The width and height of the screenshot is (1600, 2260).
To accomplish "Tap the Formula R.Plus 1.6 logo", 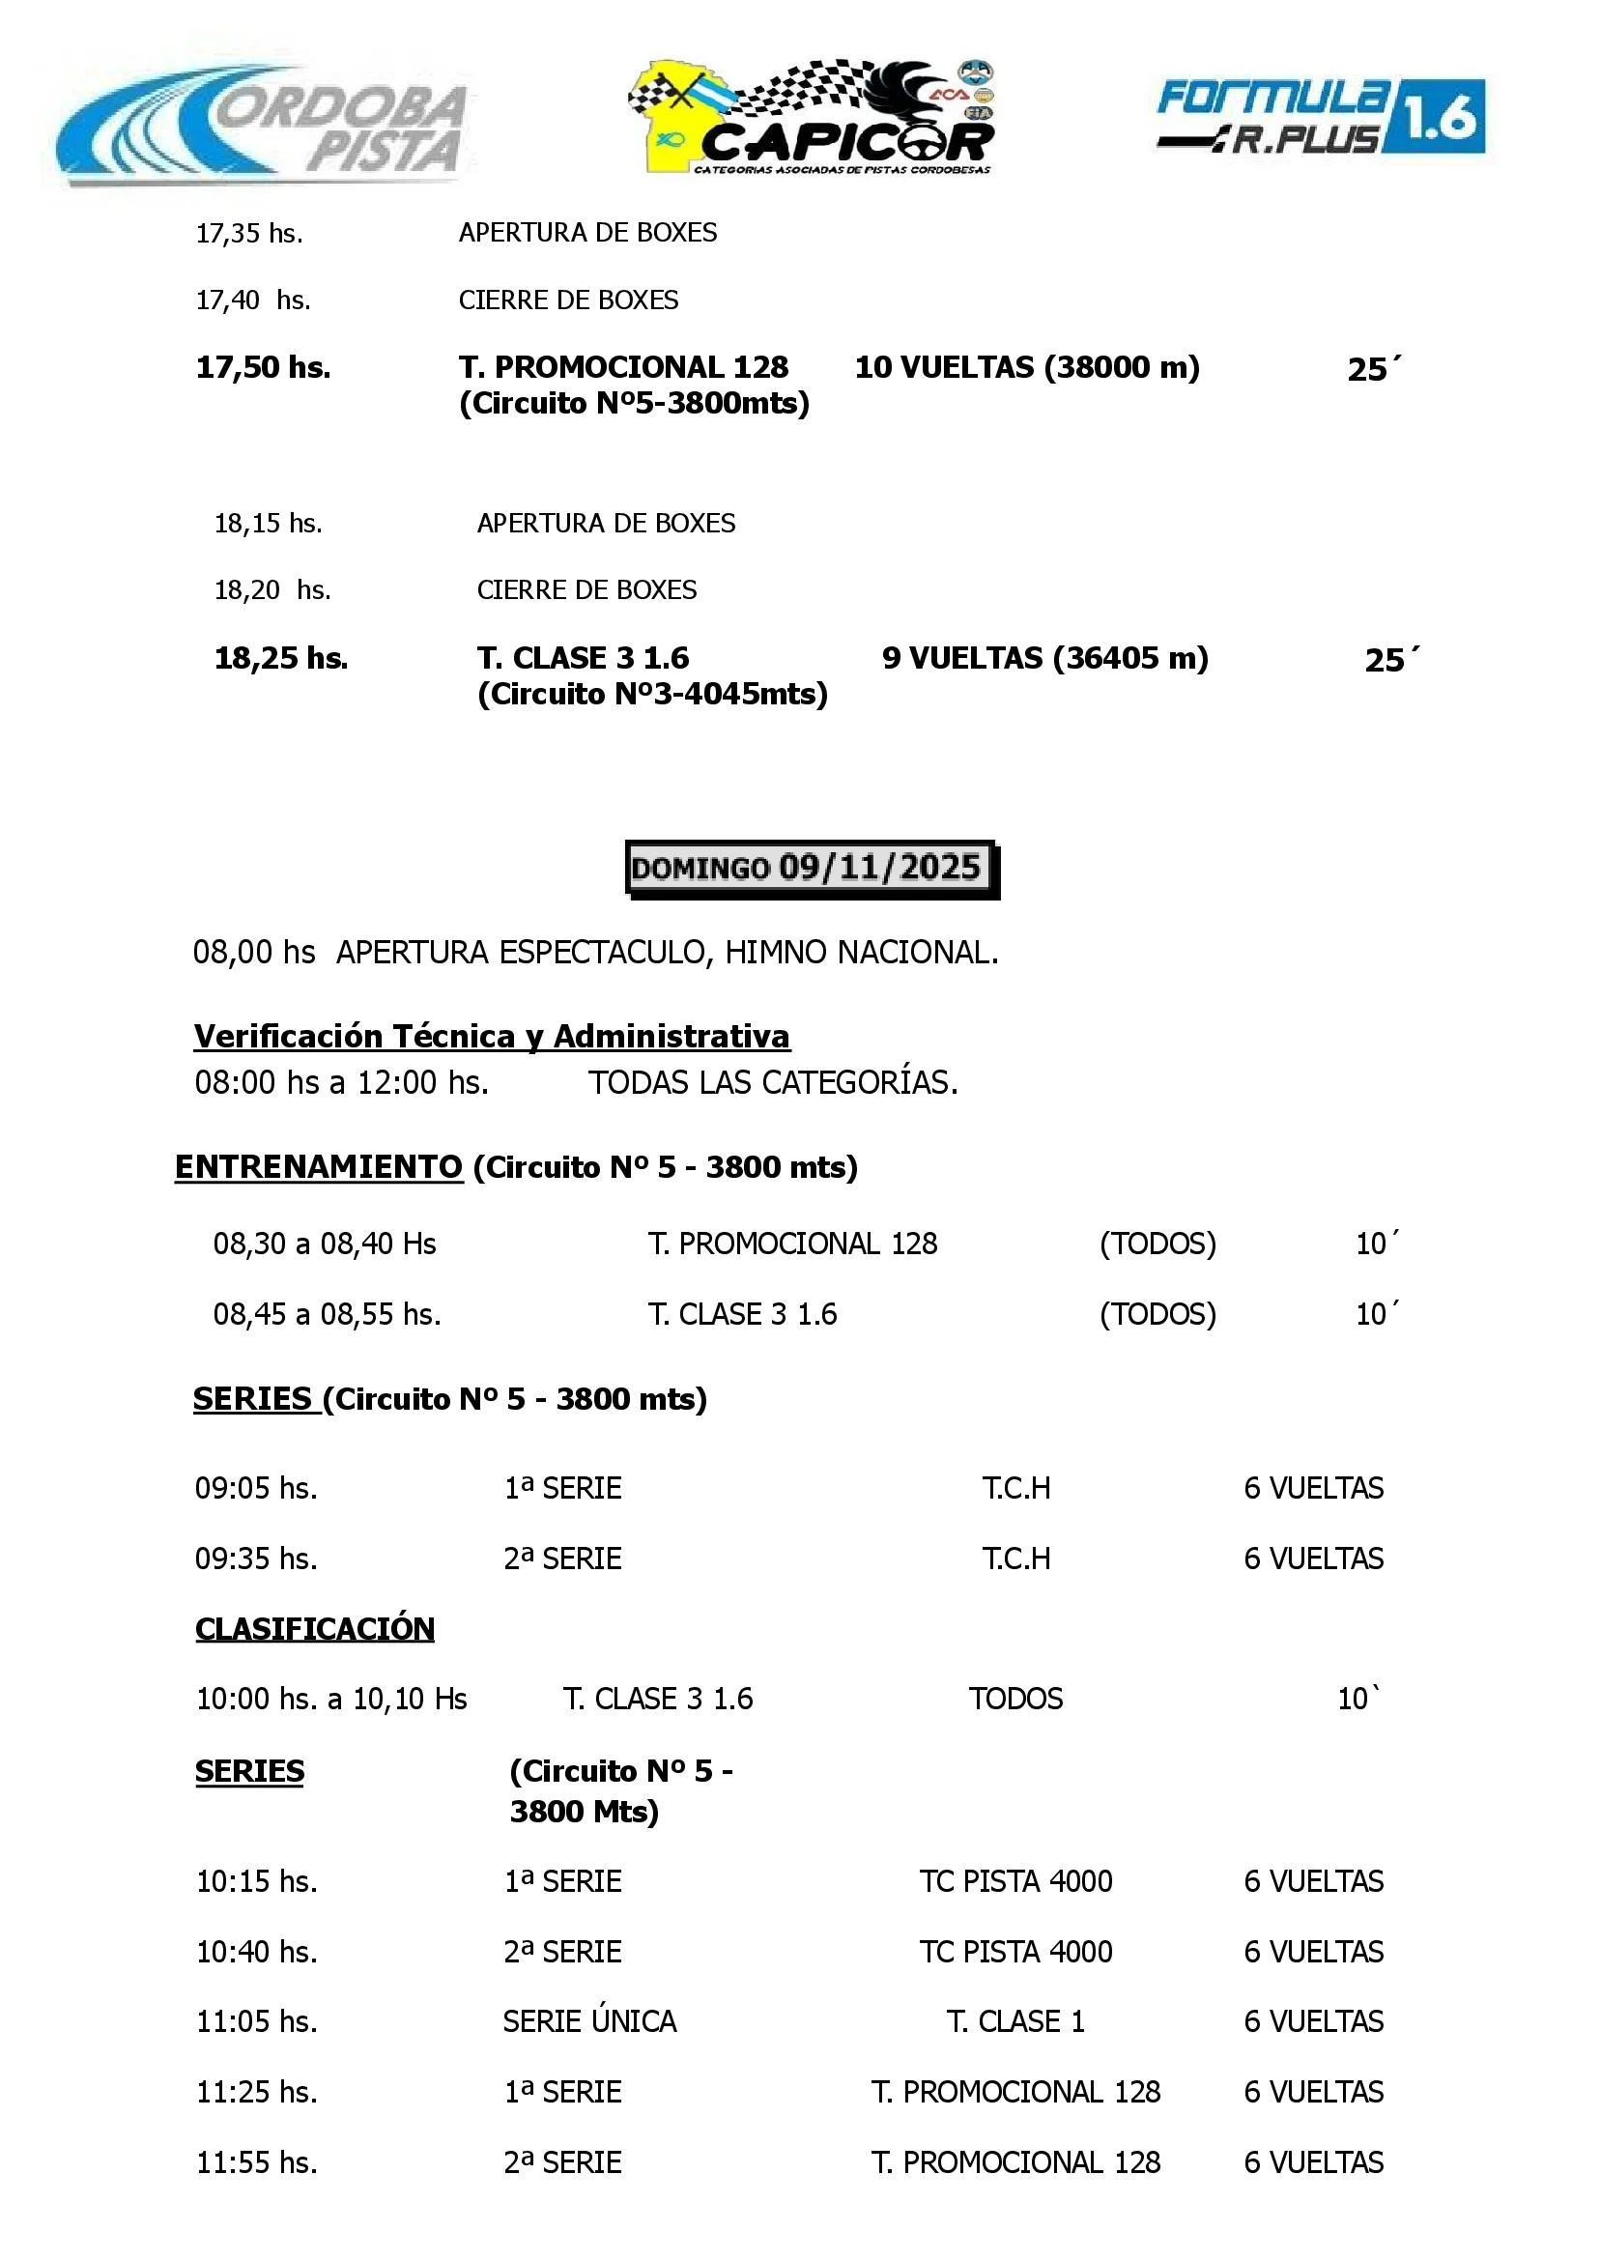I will click(1320, 117).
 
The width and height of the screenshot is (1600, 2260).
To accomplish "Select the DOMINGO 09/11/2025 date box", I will click(811, 868).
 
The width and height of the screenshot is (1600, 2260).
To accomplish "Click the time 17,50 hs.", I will click(263, 367).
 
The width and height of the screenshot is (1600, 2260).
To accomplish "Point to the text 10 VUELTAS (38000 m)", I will click(1027, 367).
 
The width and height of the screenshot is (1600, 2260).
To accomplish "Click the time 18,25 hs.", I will click(281, 658).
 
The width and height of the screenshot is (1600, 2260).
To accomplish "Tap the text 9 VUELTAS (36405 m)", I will click(1044, 658).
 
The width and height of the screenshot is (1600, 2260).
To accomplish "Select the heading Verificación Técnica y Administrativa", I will click(492, 1037).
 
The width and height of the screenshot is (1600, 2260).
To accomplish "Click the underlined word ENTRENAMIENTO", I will click(318, 1167).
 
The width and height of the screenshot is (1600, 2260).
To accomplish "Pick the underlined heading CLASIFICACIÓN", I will click(314, 1628).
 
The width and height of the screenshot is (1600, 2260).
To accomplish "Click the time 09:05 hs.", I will click(256, 1488).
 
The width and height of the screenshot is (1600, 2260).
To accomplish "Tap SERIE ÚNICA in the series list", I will click(589, 2021).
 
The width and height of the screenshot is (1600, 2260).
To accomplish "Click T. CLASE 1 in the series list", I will click(1014, 2021).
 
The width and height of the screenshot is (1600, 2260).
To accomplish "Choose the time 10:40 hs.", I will click(256, 1952).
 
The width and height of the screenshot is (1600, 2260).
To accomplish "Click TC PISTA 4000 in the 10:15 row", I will click(1014, 1880).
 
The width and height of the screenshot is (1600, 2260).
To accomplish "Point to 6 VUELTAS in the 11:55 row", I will click(1312, 2162).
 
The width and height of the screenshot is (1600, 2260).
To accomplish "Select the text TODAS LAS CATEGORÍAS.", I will click(772, 1083).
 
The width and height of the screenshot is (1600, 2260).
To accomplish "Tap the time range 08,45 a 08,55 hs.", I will click(327, 1314).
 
